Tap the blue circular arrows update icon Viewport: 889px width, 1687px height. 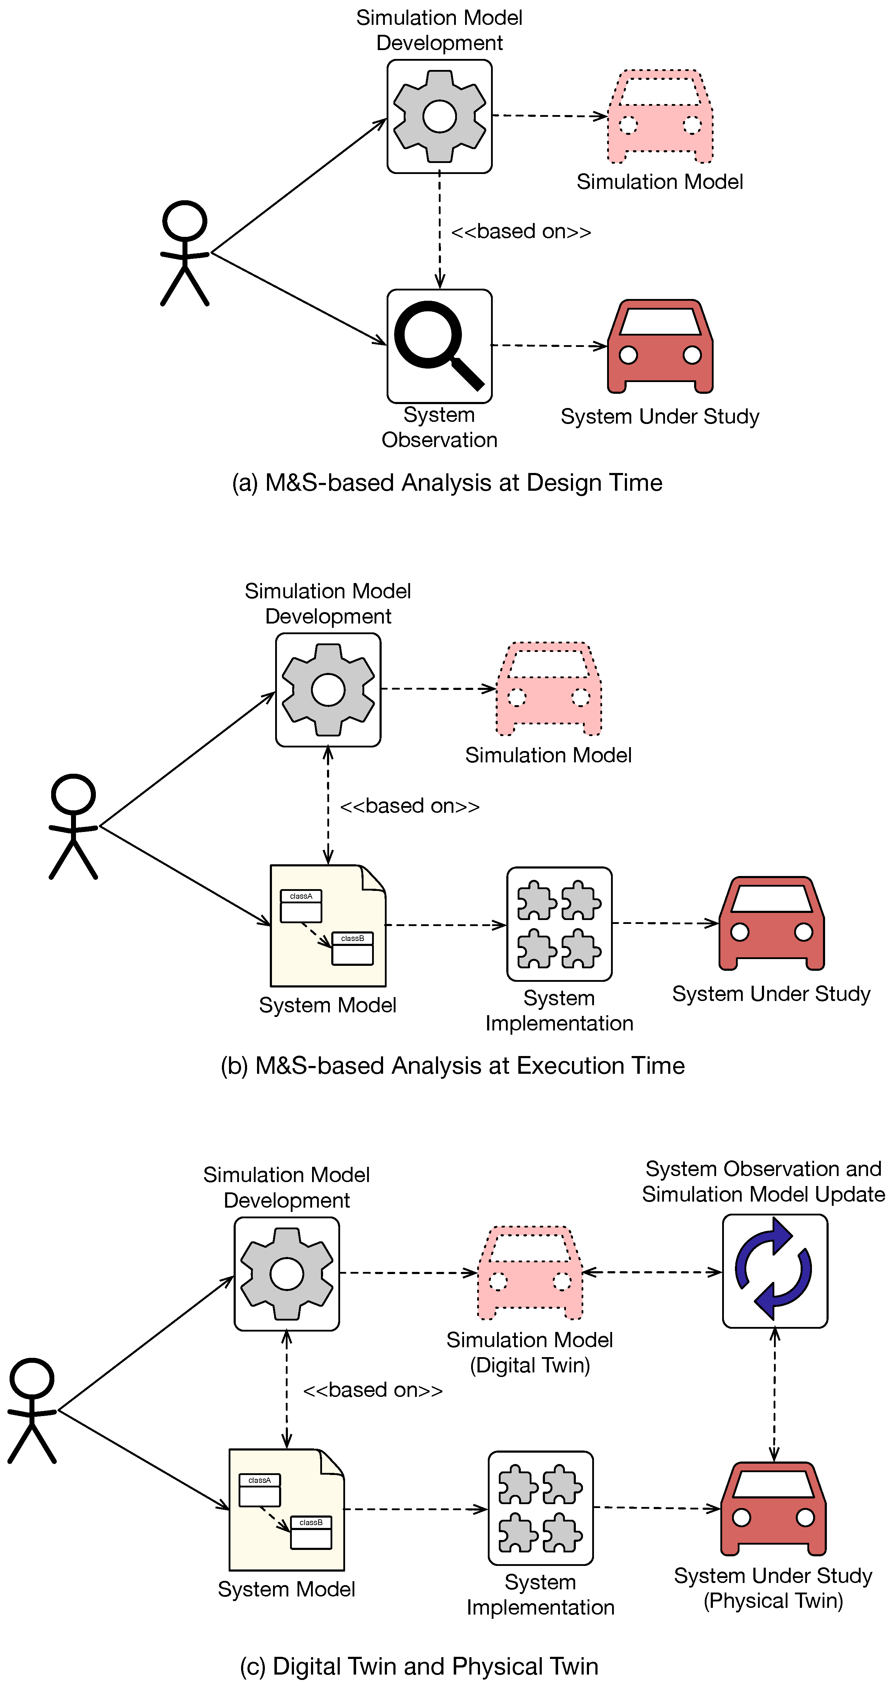(774, 1271)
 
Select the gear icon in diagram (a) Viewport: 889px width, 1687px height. (439, 116)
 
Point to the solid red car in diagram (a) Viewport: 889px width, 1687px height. (660, 347)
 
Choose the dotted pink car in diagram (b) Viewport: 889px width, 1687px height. (549, 689)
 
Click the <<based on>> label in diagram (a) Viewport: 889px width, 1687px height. (521, 231)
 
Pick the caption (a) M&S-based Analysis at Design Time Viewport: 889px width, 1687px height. (447, 483)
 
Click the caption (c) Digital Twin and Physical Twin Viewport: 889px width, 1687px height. (419, 1665)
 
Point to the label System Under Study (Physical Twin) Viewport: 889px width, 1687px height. (773, 1588)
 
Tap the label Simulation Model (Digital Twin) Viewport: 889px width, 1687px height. (530, 1352)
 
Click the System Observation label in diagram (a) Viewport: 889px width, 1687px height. (439, 427)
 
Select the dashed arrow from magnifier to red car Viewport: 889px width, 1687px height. (549, 345)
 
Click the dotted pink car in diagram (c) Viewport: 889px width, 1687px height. (530, 1273)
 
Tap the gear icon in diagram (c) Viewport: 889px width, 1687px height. (287, 1273)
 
